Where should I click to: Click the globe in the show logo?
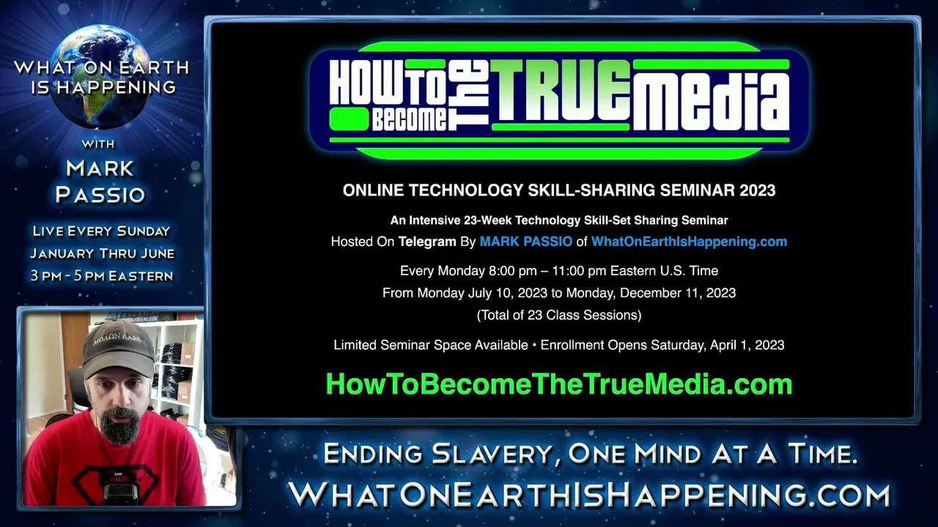click(x=102, y=77)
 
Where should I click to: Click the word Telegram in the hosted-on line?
click(x=427, y=242)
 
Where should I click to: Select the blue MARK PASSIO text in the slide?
click(x=525, y=242)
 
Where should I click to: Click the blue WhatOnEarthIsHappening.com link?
click(x=690, y=242)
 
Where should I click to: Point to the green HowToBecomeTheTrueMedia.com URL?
click(x=559, y=384)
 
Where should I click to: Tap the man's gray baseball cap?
click(x=118, y=350)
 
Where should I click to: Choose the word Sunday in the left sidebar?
click(x=143, y=231)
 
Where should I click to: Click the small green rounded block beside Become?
click(x=350, y=119)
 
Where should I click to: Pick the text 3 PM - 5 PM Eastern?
click(x=102, y=276)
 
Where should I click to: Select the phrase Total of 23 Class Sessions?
click(x=559, y=315)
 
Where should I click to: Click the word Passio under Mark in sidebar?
click(x=100, y=195)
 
